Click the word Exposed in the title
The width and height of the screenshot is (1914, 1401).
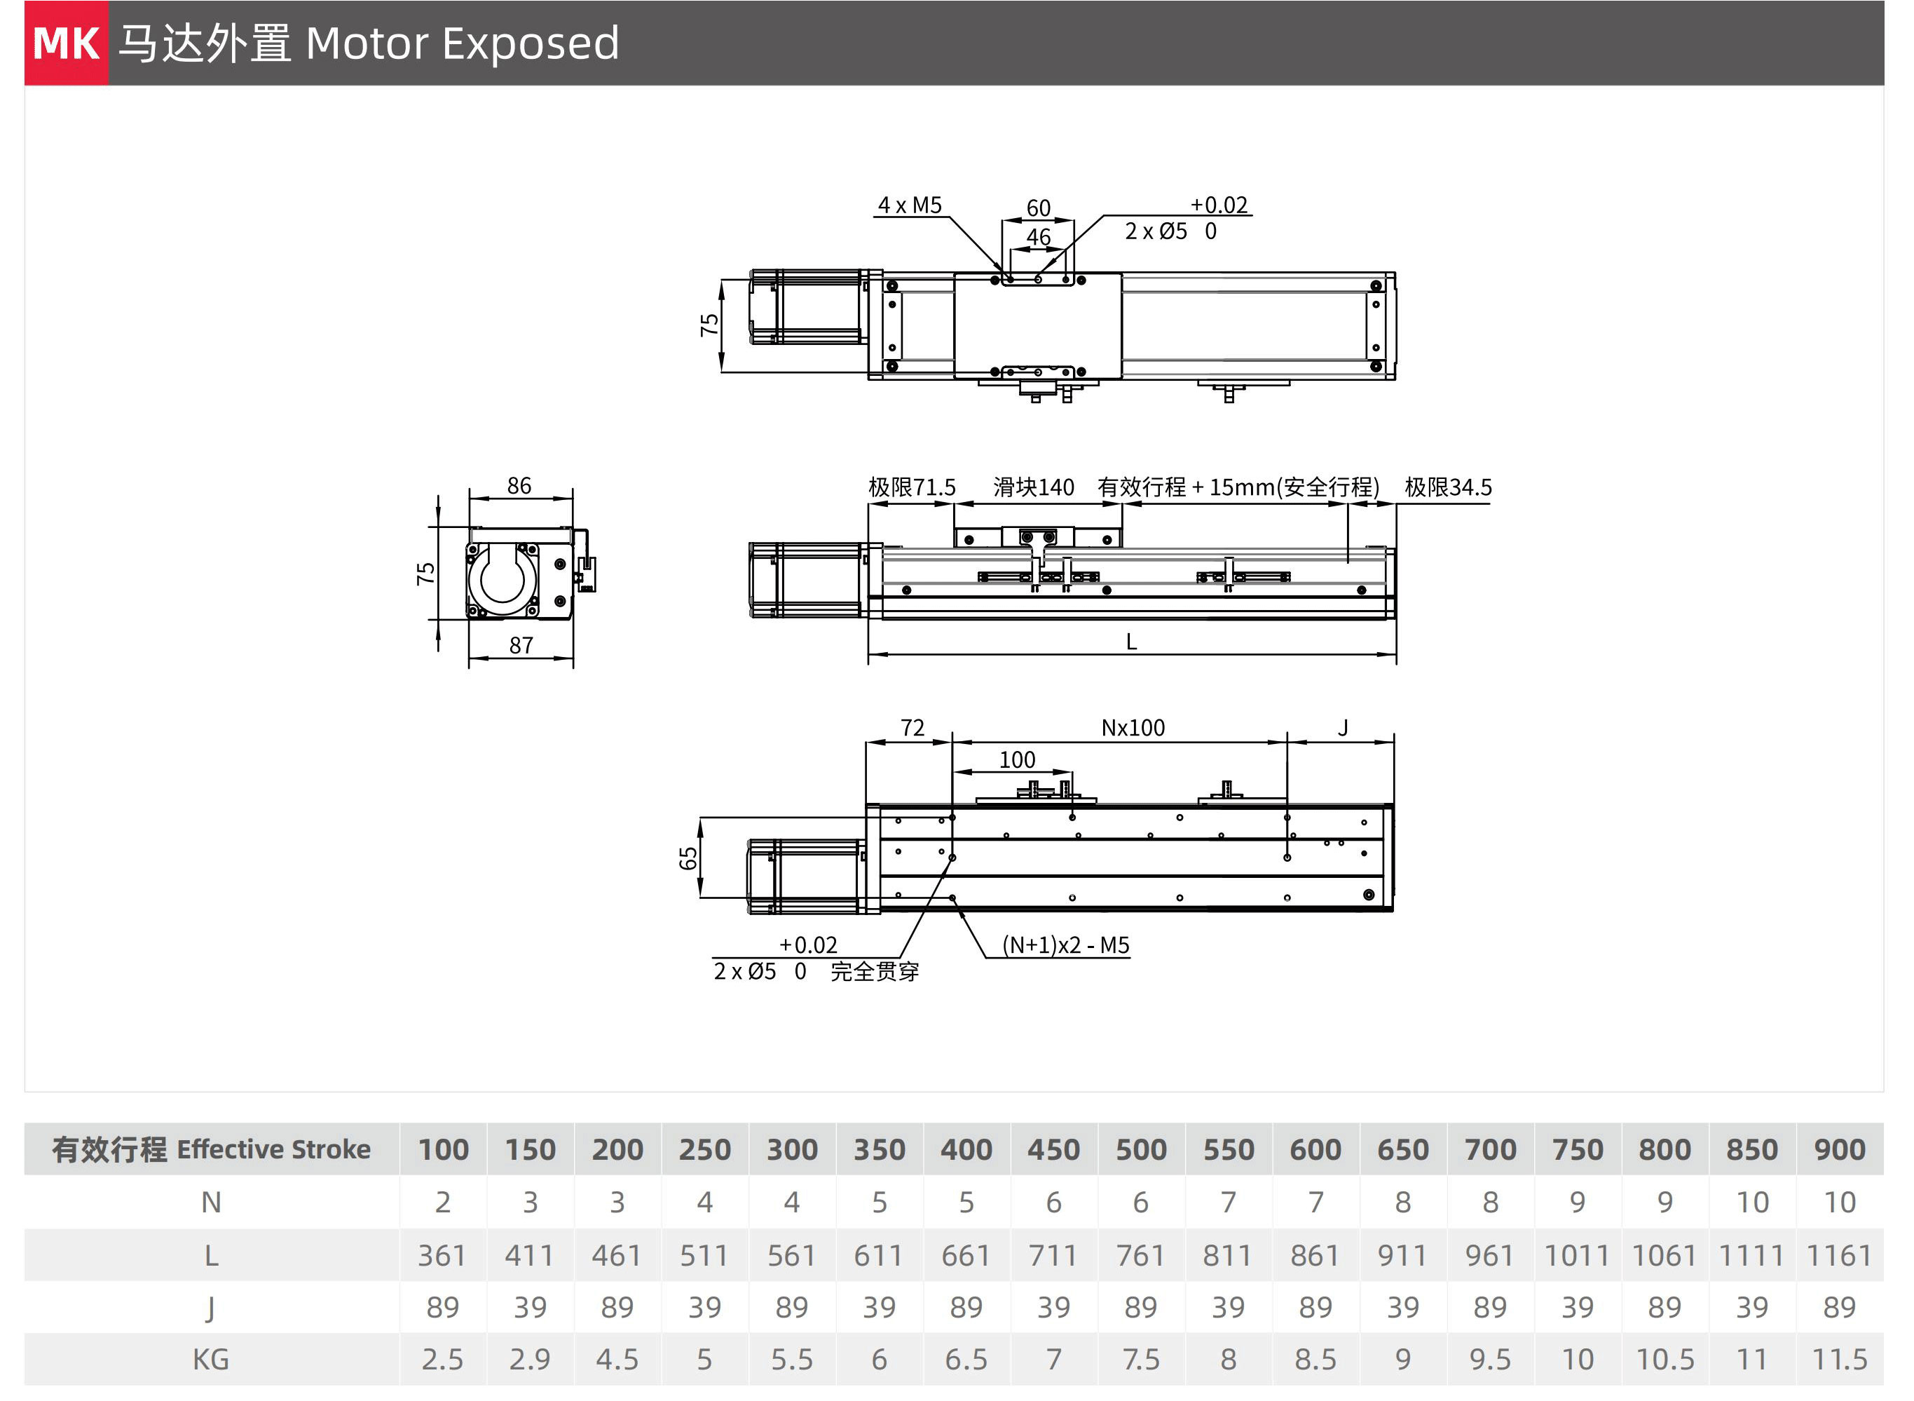click(x=531, y=43)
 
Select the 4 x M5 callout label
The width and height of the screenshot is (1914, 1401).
click(x=909, y=205)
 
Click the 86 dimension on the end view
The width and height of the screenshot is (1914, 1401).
click(x=519, y=485)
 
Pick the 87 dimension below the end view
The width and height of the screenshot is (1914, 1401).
click(x=521, y=645)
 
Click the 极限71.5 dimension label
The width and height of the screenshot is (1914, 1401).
click(x=911, y=487)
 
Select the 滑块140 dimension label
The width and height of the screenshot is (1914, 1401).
click(x=1033, y=487)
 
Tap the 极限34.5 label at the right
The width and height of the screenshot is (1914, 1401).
click(x=1447, y=487)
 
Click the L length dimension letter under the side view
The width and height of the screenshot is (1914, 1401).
click(x=1130, y=642)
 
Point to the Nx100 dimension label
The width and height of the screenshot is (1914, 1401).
click(x=1133, y=728)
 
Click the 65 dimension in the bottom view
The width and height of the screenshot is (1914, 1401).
click(x=688, y=858)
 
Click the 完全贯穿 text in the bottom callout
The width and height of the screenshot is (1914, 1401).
click(x=875, y=971)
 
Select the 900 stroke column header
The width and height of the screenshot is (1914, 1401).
click(x=1838, y=1149)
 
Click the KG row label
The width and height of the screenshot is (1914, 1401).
click(x=210, y=1360)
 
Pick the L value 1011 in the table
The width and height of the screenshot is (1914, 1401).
click(x=1577, y=1255)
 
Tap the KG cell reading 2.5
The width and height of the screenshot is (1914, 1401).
click(x=442, y=1360)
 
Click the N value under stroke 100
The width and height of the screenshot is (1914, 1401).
click(x=442, y=1202)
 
